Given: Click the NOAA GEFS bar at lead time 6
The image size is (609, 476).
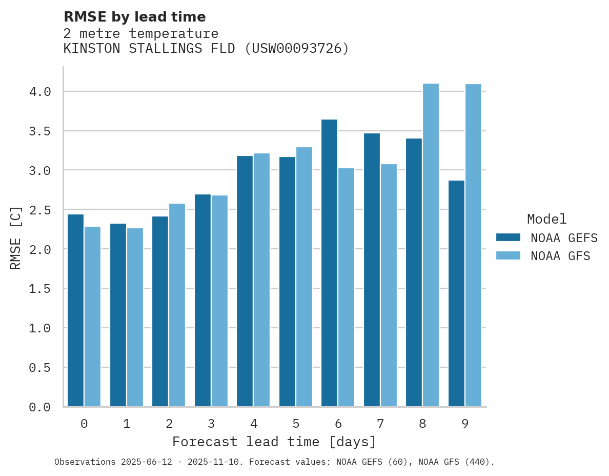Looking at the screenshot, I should (x=329, y=263).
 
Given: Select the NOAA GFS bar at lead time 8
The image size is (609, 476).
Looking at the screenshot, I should (x=431, y=245).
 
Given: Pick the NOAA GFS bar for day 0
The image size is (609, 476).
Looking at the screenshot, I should (x=92, y=316).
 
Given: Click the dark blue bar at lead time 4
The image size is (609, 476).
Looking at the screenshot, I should (x=245, y=281).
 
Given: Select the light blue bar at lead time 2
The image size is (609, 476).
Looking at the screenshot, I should (x=177, y=305).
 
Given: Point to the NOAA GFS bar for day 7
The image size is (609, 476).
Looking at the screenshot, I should (x=389, y=285).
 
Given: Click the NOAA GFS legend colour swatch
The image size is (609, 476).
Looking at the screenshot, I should (x=508, y=255).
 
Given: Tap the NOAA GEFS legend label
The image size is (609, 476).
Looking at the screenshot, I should (x=564, y=238).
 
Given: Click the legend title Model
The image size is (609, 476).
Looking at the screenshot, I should (x=546, y=219).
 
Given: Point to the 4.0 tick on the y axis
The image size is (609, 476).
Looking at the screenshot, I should (x=40, y=92).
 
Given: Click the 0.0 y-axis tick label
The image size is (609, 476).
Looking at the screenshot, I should (x=40, y=407).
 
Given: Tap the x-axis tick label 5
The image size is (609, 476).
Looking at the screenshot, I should (x=296, y=424).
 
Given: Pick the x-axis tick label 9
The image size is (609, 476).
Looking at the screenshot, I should (x=465, y=424).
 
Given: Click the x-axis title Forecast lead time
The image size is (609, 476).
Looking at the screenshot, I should (x=274, y=442).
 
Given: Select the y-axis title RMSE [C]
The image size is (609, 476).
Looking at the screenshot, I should (x=16, y=237).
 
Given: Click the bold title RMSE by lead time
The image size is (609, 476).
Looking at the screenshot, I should (x=134, y=17).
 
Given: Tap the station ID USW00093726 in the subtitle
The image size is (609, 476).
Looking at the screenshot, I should (x=296, y=49).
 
